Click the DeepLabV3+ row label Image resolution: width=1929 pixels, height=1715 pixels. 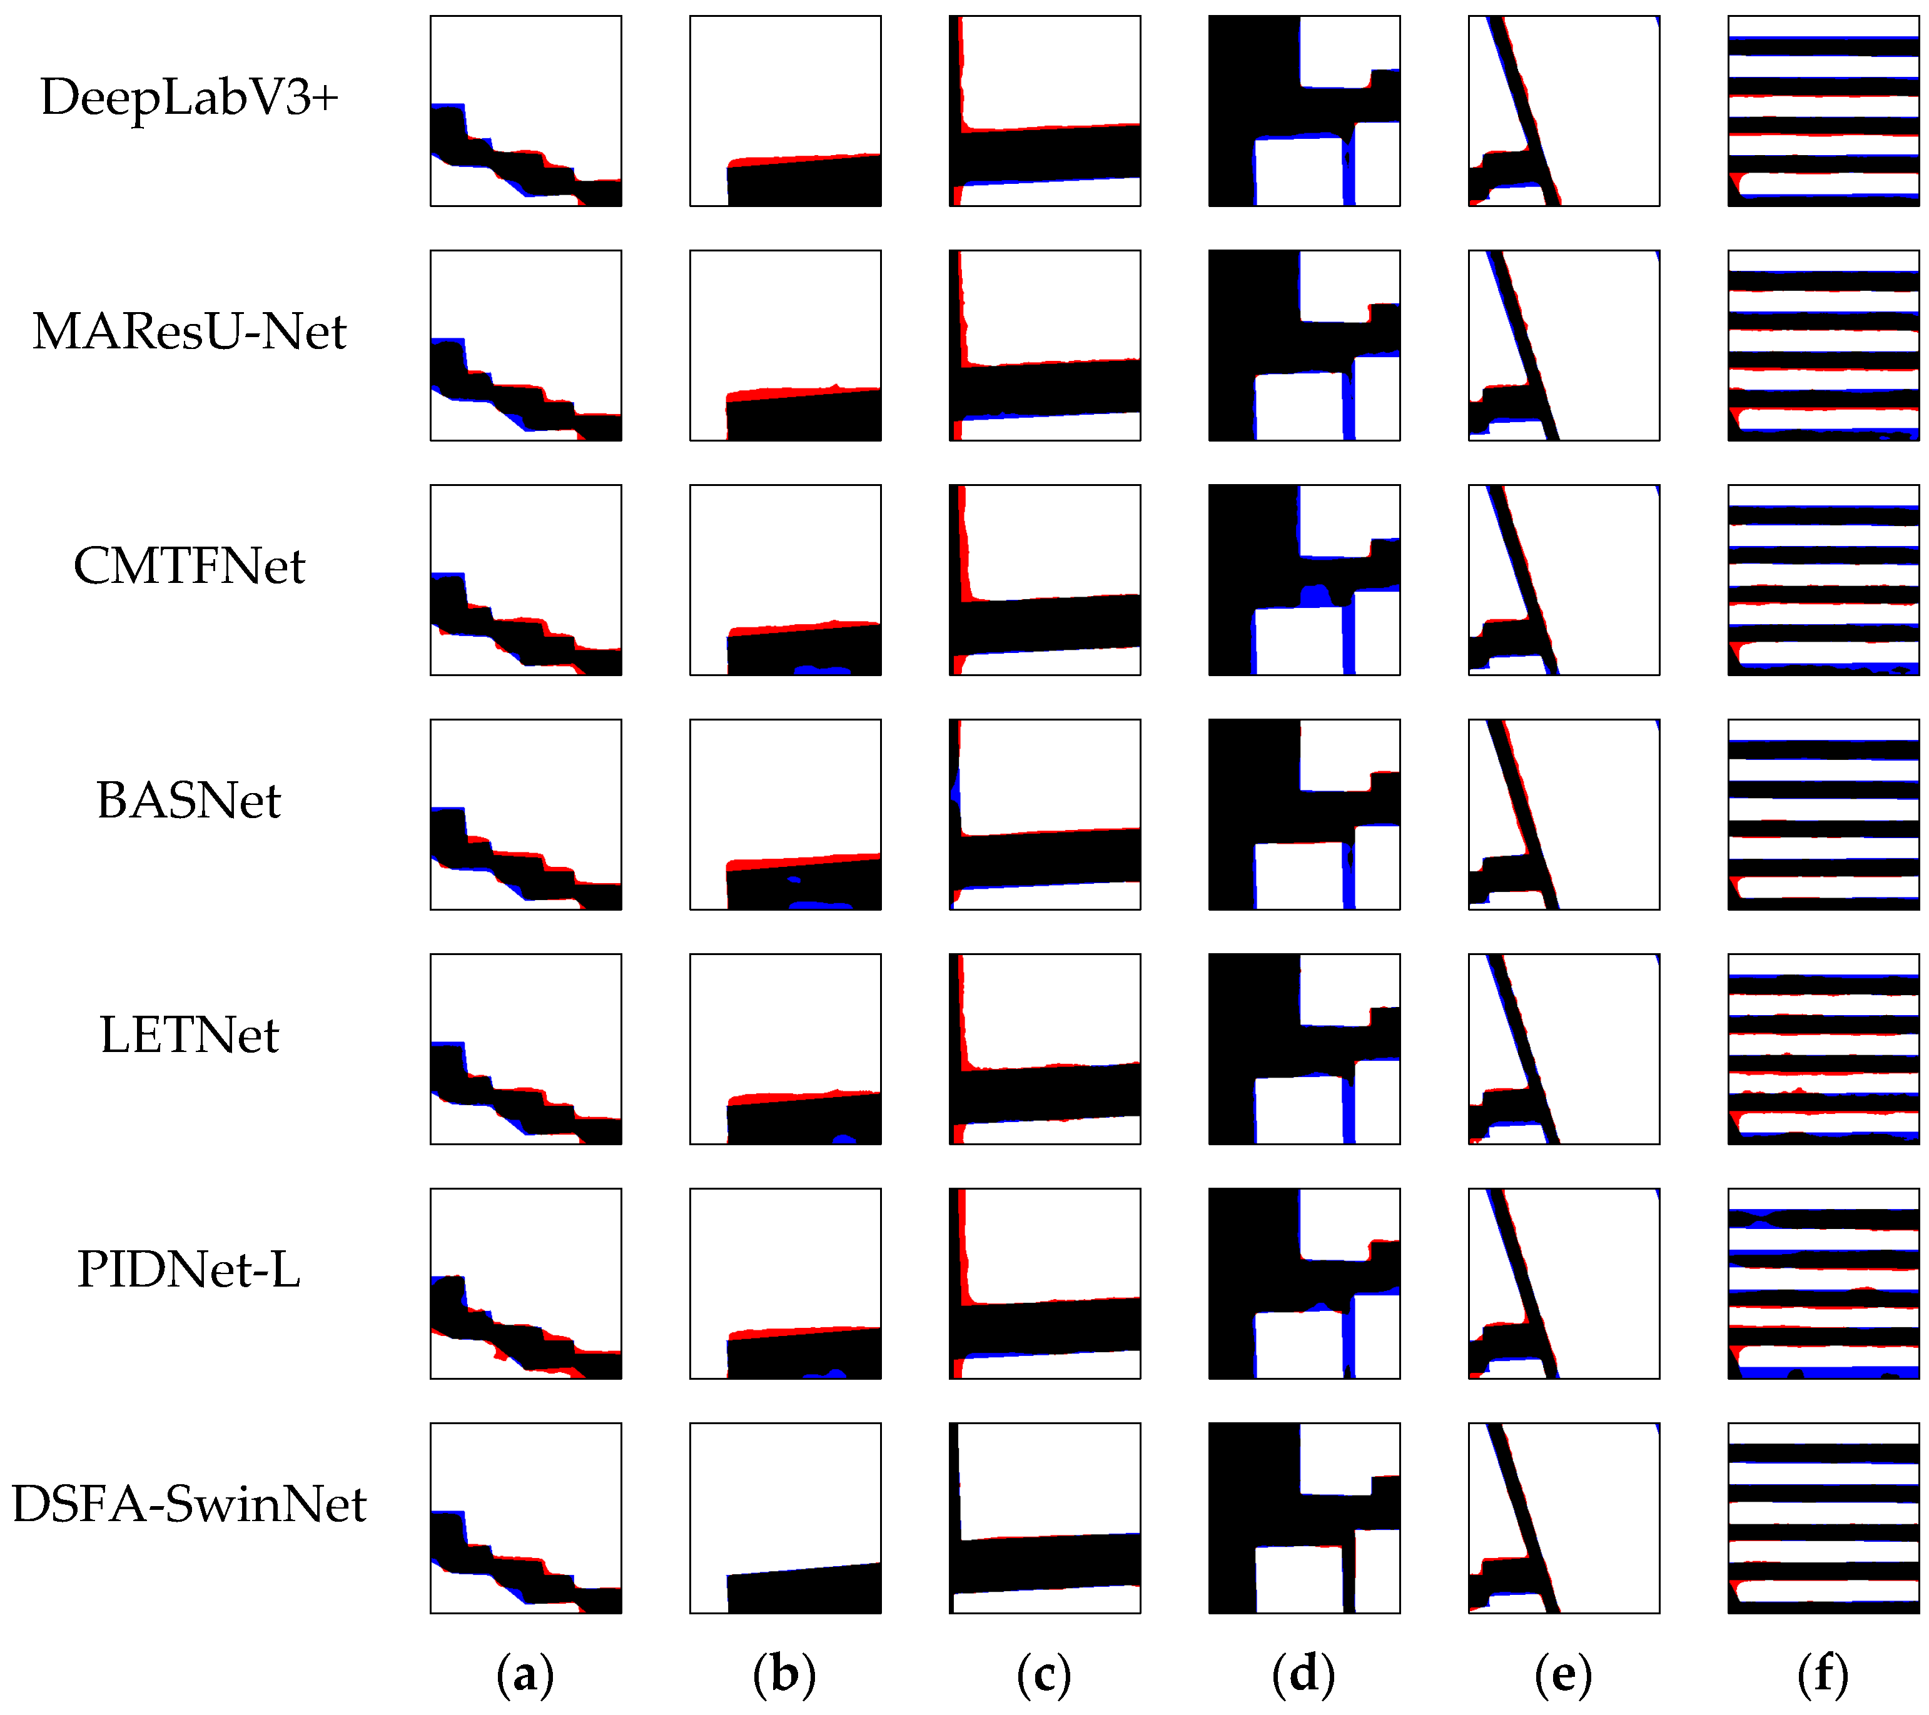pos(189,97)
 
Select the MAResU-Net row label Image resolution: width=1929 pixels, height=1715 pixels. pos(189,332)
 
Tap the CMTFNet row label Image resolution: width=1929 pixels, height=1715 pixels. pos(189,566)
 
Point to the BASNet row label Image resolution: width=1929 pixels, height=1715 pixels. pos(189,801)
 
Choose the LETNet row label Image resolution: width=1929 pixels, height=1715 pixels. pos(189,1035)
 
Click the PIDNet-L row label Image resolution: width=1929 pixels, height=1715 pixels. pos(189,1270)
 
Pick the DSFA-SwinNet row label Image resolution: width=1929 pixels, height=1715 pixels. pos(189,1504)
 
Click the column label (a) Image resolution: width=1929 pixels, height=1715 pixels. pos(525,1674)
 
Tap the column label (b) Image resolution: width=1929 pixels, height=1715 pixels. pos(784,1674)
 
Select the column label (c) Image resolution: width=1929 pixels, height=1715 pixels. pos(1044,1674)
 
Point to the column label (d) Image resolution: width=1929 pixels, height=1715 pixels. pos(1304,1674)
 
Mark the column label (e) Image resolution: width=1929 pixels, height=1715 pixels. pos(1563,1674)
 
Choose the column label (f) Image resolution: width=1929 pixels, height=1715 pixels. pos(1823,1674)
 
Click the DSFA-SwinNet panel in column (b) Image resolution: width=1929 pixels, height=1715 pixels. pos(785,1519)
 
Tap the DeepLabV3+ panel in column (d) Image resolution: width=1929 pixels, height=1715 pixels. pos(1304,111)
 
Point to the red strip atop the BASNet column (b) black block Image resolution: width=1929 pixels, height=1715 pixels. pos(802,863)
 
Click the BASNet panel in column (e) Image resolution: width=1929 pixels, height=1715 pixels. pos(1564,814)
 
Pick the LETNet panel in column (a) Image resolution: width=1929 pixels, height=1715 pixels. pos(525,1049)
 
